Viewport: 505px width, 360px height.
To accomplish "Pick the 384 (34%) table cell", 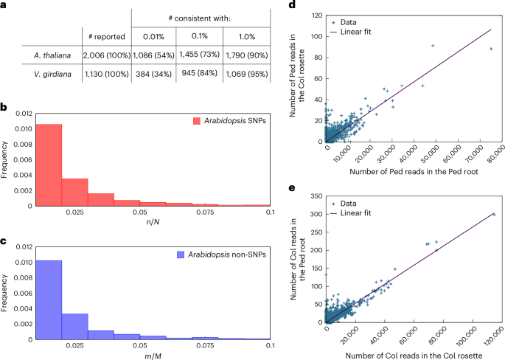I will (153, 75).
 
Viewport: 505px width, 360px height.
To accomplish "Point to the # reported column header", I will (105, 35).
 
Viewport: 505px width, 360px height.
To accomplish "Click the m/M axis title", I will (153, 352).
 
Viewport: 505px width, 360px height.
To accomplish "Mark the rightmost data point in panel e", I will (493, 215).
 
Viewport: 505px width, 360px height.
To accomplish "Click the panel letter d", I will (293, 6).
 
